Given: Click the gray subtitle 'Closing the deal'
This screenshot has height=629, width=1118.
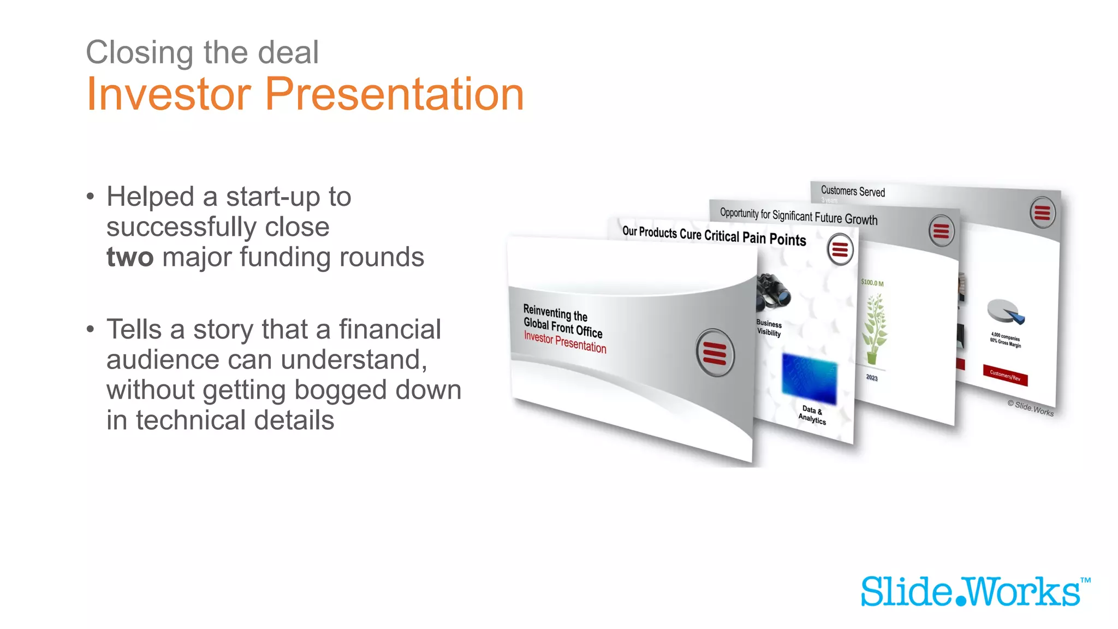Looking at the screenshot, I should coord(202,52).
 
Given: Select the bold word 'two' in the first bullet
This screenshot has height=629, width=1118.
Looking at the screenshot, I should coord(130,257).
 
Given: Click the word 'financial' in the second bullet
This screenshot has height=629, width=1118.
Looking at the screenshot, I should coord(390,329).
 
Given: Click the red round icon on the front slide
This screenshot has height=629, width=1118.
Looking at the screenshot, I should coord(715,353).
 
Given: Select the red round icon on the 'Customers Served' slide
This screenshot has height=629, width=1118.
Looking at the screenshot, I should coord(1042,212).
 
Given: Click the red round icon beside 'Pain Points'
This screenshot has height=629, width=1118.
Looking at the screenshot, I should coord(840,249).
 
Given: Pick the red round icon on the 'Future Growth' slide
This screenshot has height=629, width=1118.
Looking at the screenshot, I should coord(941,231).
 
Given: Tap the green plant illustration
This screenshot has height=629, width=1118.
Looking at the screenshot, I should coord(874,328).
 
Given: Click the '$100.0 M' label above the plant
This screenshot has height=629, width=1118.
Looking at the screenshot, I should coord(872,283).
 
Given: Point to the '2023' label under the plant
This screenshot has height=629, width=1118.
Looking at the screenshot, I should coord(872,377).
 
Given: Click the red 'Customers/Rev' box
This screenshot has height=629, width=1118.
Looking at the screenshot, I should coord(1005,375).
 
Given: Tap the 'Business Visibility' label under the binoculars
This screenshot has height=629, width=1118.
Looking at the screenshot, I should coord(769,328).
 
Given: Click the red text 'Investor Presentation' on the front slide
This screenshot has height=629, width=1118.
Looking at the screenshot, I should coord(565,342).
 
